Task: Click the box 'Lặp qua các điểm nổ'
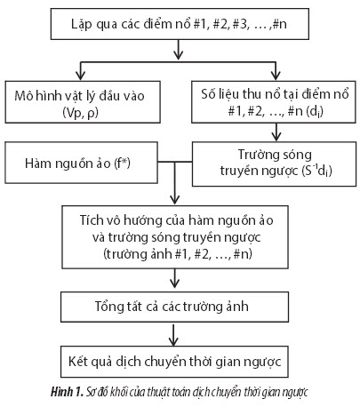pyautogui.click(x=180, y=24)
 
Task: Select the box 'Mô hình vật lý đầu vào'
pyautogui.click(x=83, y=102)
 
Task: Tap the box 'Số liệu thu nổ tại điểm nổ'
pyautogui.click(x=274, y=101)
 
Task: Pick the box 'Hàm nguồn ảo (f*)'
pyautogui.click(x=81, y=163)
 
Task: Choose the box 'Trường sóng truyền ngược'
pyautogui.click(x=274, y=164)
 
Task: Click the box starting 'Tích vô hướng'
pyautogui.click(x=175, y=237)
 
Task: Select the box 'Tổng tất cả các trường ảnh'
pyautogui.click(x=174, y=307)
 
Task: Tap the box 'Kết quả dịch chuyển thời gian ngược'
pyautogui.click(x=174, y=362)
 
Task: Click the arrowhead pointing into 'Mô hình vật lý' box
pyautogui.click(x=81, y=76)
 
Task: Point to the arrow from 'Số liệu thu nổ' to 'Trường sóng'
pyautogui.click(x=276, y=132)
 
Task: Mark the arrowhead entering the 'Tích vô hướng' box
pyautogui.click(x=175, y=201)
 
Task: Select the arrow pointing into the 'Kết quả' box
pyautogui.click(x=173, y=335)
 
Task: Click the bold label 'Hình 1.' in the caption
pyautogui.click(x=68, y=392)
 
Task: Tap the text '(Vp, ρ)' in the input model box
pyautogui.click(x=80, y=113)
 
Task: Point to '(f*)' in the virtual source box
pyautogui.click(x=123, y=163)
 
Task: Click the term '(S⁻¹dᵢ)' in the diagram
pyautogui.click(x=316, y=172)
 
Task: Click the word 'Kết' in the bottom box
pyautogui.click(x=77, y=361)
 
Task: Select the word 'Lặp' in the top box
pyautogui.click(x=82, y=24)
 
